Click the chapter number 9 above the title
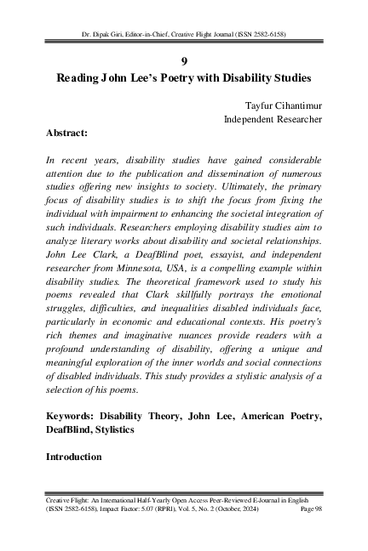click(x=184, y=60)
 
